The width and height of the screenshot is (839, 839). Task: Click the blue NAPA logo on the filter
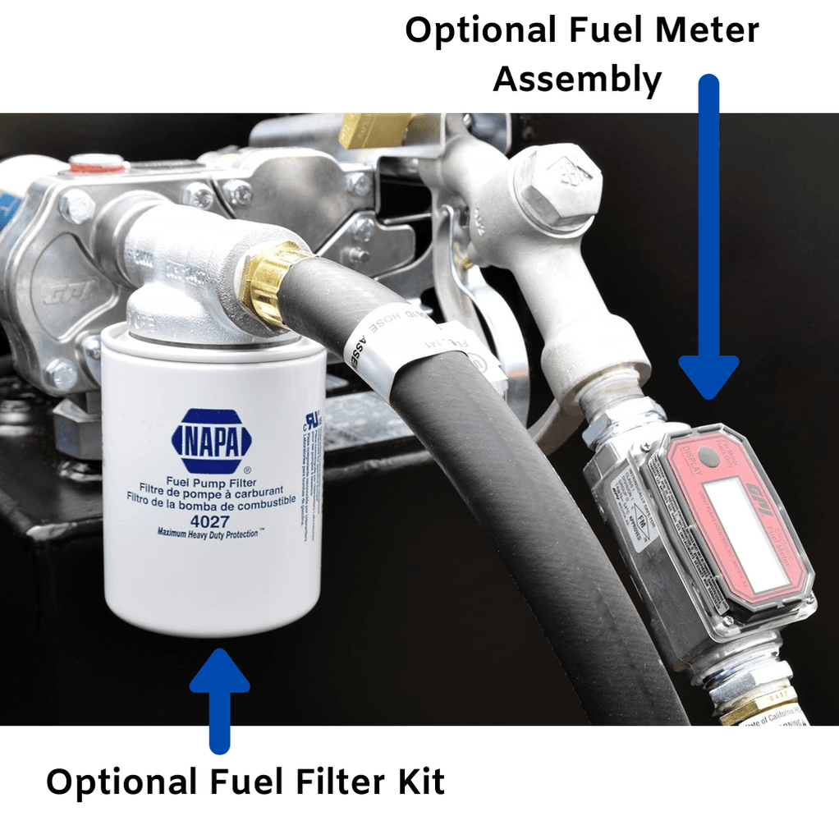click(x=211, y=442)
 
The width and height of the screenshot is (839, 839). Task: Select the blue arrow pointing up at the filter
click(x=219, y=698)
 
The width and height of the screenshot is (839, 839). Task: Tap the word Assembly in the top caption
click(x=577, y=80)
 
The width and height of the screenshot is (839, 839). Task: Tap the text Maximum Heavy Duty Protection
click(x=211, y=533)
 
